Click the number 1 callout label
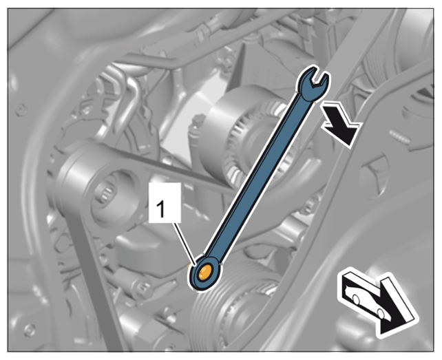165,202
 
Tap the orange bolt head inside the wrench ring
204,273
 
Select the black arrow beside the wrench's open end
341,124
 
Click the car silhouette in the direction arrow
366,301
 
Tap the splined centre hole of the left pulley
107,194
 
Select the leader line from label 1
185,244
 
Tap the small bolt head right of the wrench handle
310,207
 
